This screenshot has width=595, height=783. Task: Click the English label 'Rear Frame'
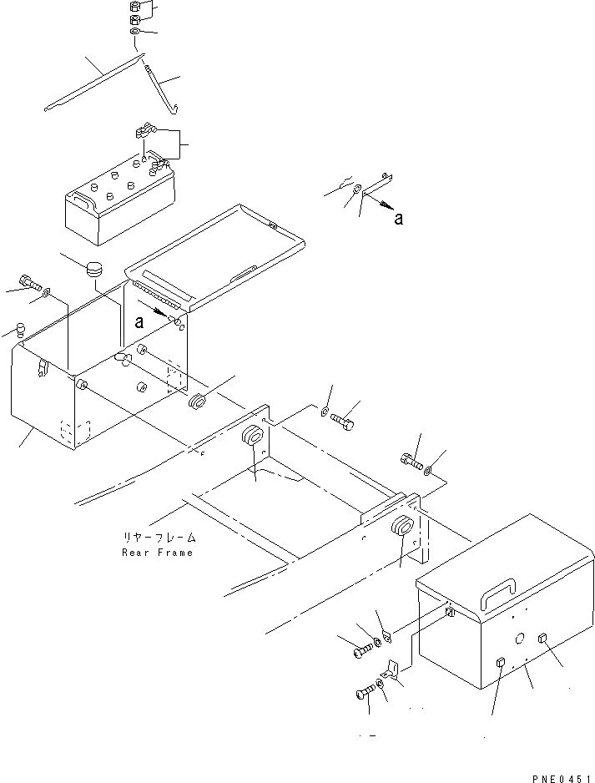[157, 553]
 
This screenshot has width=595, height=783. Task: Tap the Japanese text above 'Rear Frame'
[157, 538]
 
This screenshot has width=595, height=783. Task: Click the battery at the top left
[120, 200]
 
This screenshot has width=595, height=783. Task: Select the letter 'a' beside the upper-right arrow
[399, 220]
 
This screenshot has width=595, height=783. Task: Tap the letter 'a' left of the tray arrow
[140, 321]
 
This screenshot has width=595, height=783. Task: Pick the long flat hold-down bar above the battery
[92, 83]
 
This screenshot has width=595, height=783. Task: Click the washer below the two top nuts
[136, 33]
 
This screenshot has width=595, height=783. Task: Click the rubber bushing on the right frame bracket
[402, 528]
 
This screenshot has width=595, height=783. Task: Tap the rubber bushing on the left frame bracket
[253, 436]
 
